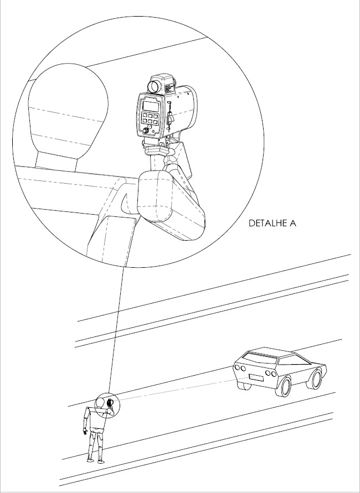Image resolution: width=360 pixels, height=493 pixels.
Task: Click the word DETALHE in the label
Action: (x=268, y=223)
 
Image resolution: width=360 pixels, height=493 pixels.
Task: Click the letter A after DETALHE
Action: (x=292, y=223)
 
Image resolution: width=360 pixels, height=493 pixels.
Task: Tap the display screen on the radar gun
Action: (x=151, y=107)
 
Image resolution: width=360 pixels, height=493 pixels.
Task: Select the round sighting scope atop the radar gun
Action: (x=154, y=86)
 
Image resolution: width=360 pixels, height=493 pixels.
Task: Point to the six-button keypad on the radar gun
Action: (x=151, y=118)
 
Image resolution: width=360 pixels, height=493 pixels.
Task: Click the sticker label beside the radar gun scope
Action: (x=169, y=88)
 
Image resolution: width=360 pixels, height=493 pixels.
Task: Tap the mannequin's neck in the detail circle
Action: (x=56, y=162)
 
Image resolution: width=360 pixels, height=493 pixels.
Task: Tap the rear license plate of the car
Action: (x=256, y=377)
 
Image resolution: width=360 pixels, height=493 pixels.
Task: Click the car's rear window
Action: (x=259, y=359)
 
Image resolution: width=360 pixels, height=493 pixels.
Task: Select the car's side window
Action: (x=294, y=360)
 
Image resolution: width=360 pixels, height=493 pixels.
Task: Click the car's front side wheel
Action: (x=315, y=379)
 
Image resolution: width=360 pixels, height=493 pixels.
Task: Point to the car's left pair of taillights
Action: (x=240, y=367)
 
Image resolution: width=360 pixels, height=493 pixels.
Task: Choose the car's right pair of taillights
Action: (x=271, y=373)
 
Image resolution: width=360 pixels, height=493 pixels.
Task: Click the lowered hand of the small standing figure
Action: (x=85, y=432)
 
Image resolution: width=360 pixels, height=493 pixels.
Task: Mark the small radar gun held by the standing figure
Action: (x=110, y=402)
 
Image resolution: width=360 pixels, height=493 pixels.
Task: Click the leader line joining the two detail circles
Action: (x=117, y=330)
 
